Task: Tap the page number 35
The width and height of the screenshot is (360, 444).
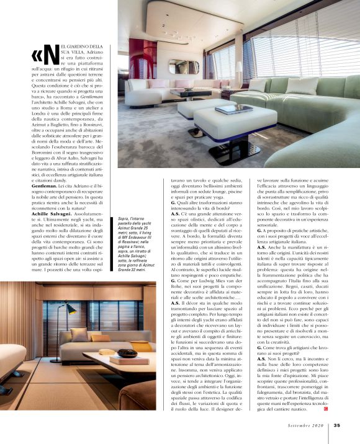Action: click(336, 425)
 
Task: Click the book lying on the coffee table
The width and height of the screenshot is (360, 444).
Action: click(133, 359)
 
